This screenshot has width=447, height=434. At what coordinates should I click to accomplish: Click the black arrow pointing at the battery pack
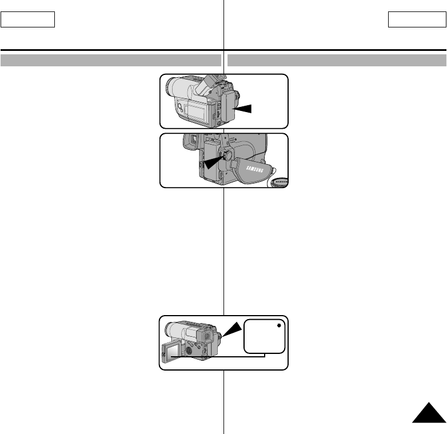(x=244, y=107)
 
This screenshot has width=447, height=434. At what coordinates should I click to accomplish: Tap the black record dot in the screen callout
(x=278, y=326)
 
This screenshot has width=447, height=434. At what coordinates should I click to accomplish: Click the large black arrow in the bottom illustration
(x=233, y=331)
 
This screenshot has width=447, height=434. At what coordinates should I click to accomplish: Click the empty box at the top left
(x=27, y=20)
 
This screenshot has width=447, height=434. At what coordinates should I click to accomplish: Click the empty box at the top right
(x=417, y=20)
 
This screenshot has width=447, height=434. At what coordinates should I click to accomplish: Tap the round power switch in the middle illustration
(x=226, y=154)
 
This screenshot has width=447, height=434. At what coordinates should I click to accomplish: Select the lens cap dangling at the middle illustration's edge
(x=280, y=182)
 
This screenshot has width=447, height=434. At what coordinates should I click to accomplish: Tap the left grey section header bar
(x=111, y=59)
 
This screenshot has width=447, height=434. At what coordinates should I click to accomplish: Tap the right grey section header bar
(x=337, y=59)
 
